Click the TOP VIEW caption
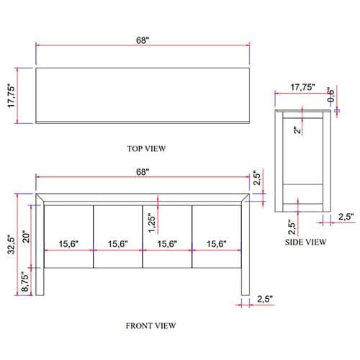point(146,148)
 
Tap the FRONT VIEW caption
point(150,325)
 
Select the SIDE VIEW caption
point(305,242)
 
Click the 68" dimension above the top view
point(143,40)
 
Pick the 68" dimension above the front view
point(143,172)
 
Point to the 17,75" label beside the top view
point(12,96)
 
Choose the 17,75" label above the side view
point(302,87)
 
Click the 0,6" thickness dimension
point(330,94)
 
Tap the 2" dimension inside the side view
point(297,130)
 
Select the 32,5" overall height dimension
point(12,244)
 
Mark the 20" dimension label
point(26,237)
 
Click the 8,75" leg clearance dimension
point(25,282)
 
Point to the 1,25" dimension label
point(152,223)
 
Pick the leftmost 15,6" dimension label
point(68,244)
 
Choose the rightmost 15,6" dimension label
point(217,244)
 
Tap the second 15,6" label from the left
point(118,244)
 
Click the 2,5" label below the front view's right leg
point(265,299)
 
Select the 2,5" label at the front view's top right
point(257,178)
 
